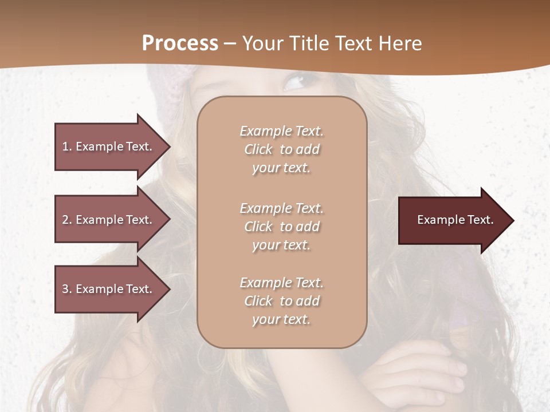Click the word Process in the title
180,43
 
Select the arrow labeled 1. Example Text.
109,146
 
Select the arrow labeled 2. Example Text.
109,220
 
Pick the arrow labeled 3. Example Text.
109,289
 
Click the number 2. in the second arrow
67,220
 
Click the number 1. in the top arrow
67,146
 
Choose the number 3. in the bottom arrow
67,289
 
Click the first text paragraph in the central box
281,149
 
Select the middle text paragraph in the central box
281,227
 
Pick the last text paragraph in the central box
281,301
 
